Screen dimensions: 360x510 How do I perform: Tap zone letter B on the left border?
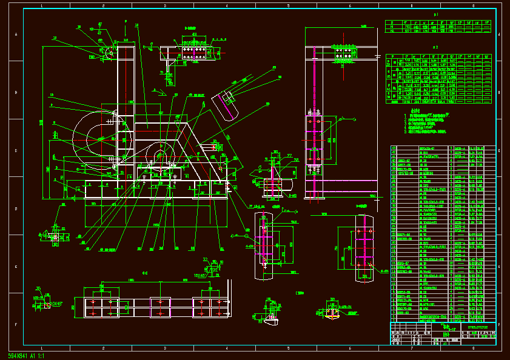16,92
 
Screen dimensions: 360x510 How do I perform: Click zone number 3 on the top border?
165,5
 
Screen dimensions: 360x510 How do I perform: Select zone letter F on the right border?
498,324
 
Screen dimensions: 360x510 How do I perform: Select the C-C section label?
146,273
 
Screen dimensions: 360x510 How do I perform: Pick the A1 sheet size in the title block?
446,342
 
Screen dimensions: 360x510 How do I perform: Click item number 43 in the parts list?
394,148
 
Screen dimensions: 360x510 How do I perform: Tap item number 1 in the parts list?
394,319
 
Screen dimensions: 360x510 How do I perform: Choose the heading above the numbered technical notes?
415,112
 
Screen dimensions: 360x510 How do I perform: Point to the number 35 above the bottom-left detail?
38,288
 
